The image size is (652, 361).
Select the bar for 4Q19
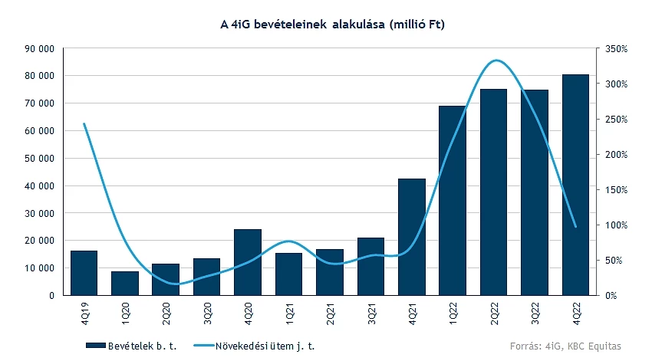pyautogui.click(x=84, y=273)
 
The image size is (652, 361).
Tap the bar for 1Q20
pyautogui.click(x=125, y=283)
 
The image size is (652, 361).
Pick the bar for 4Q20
pyautogui.click(x=248, y=262)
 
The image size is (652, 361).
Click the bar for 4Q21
pyautogui.click(x=412, y=237)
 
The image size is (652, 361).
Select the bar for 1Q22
pyautogui.click(x=453, y=201)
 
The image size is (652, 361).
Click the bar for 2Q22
pyautogui.click(x=494, y=192)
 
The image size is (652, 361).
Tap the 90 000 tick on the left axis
pyautogui.click(x=38, y=48)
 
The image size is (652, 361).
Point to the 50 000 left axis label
pyautogui.click(x=38, y=158)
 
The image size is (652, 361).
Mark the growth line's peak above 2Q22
pyautogui.click(x=496, y=60)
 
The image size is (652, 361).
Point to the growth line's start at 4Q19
pyautogui.click(x=84, y=124)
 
